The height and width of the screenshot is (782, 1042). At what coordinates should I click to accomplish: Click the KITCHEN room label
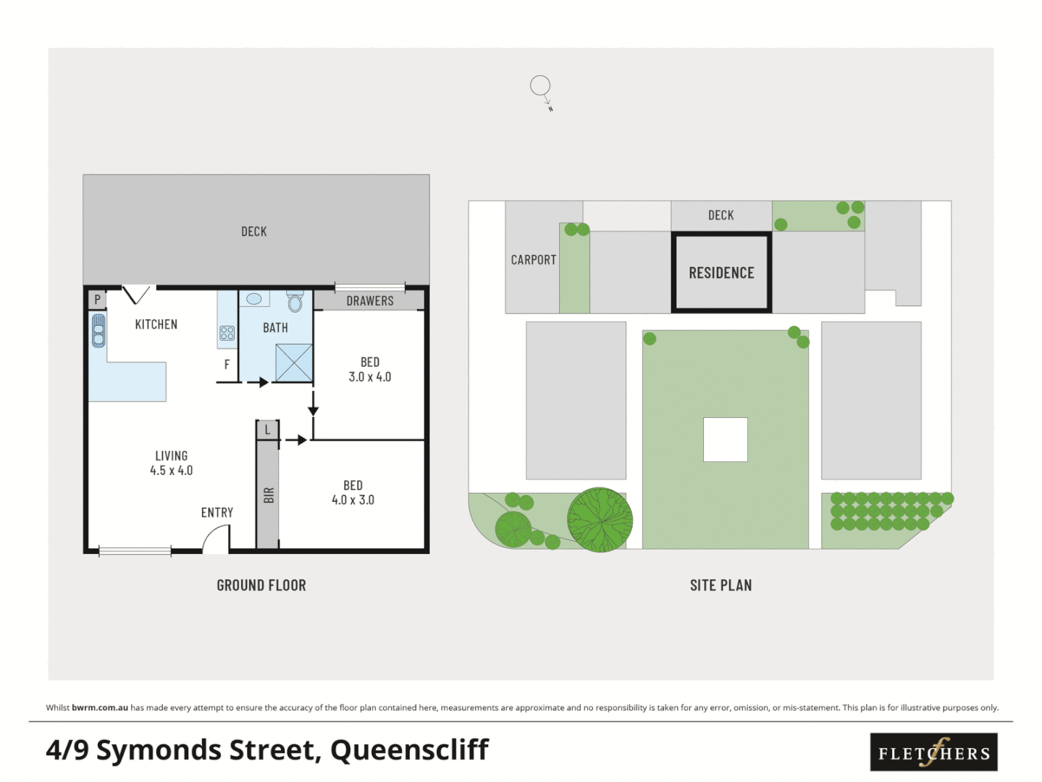[x=156, y=324]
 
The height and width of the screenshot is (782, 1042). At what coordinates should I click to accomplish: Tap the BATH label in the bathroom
[x=275, y=328]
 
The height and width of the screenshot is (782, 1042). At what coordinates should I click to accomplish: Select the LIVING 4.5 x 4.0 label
[x=171, y=463]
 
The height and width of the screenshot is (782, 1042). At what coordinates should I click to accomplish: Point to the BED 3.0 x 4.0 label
[x=369, y=369]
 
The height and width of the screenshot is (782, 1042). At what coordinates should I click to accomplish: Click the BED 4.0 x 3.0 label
[x=353, y=492]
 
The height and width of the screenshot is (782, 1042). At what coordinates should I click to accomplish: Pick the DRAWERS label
[x=369, y=300]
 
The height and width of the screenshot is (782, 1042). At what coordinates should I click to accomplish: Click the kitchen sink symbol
[x=98, y=330]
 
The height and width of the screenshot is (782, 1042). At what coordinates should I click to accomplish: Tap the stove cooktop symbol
[x=227, y=333]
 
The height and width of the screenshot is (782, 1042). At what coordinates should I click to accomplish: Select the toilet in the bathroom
[x=295, y=301]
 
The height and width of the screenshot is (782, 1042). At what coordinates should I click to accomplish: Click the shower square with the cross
[x=294, y=363]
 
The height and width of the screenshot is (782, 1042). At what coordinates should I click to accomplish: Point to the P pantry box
[x=97, y=299]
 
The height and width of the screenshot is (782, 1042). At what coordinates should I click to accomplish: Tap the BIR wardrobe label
[x=269, y=495]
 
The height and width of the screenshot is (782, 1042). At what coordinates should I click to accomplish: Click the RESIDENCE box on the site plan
[x=721, y=273]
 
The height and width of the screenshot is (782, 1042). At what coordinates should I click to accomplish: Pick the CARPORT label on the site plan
[x=533, y=260]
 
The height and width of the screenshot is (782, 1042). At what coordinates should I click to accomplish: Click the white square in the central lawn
[x=725, y=440]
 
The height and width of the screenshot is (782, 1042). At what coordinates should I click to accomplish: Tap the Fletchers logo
[x=933, y=752]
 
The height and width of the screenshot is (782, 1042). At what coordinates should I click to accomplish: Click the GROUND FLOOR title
[x=261, y=585]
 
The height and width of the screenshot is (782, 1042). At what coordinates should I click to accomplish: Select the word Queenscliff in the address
[x=409, y=750]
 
